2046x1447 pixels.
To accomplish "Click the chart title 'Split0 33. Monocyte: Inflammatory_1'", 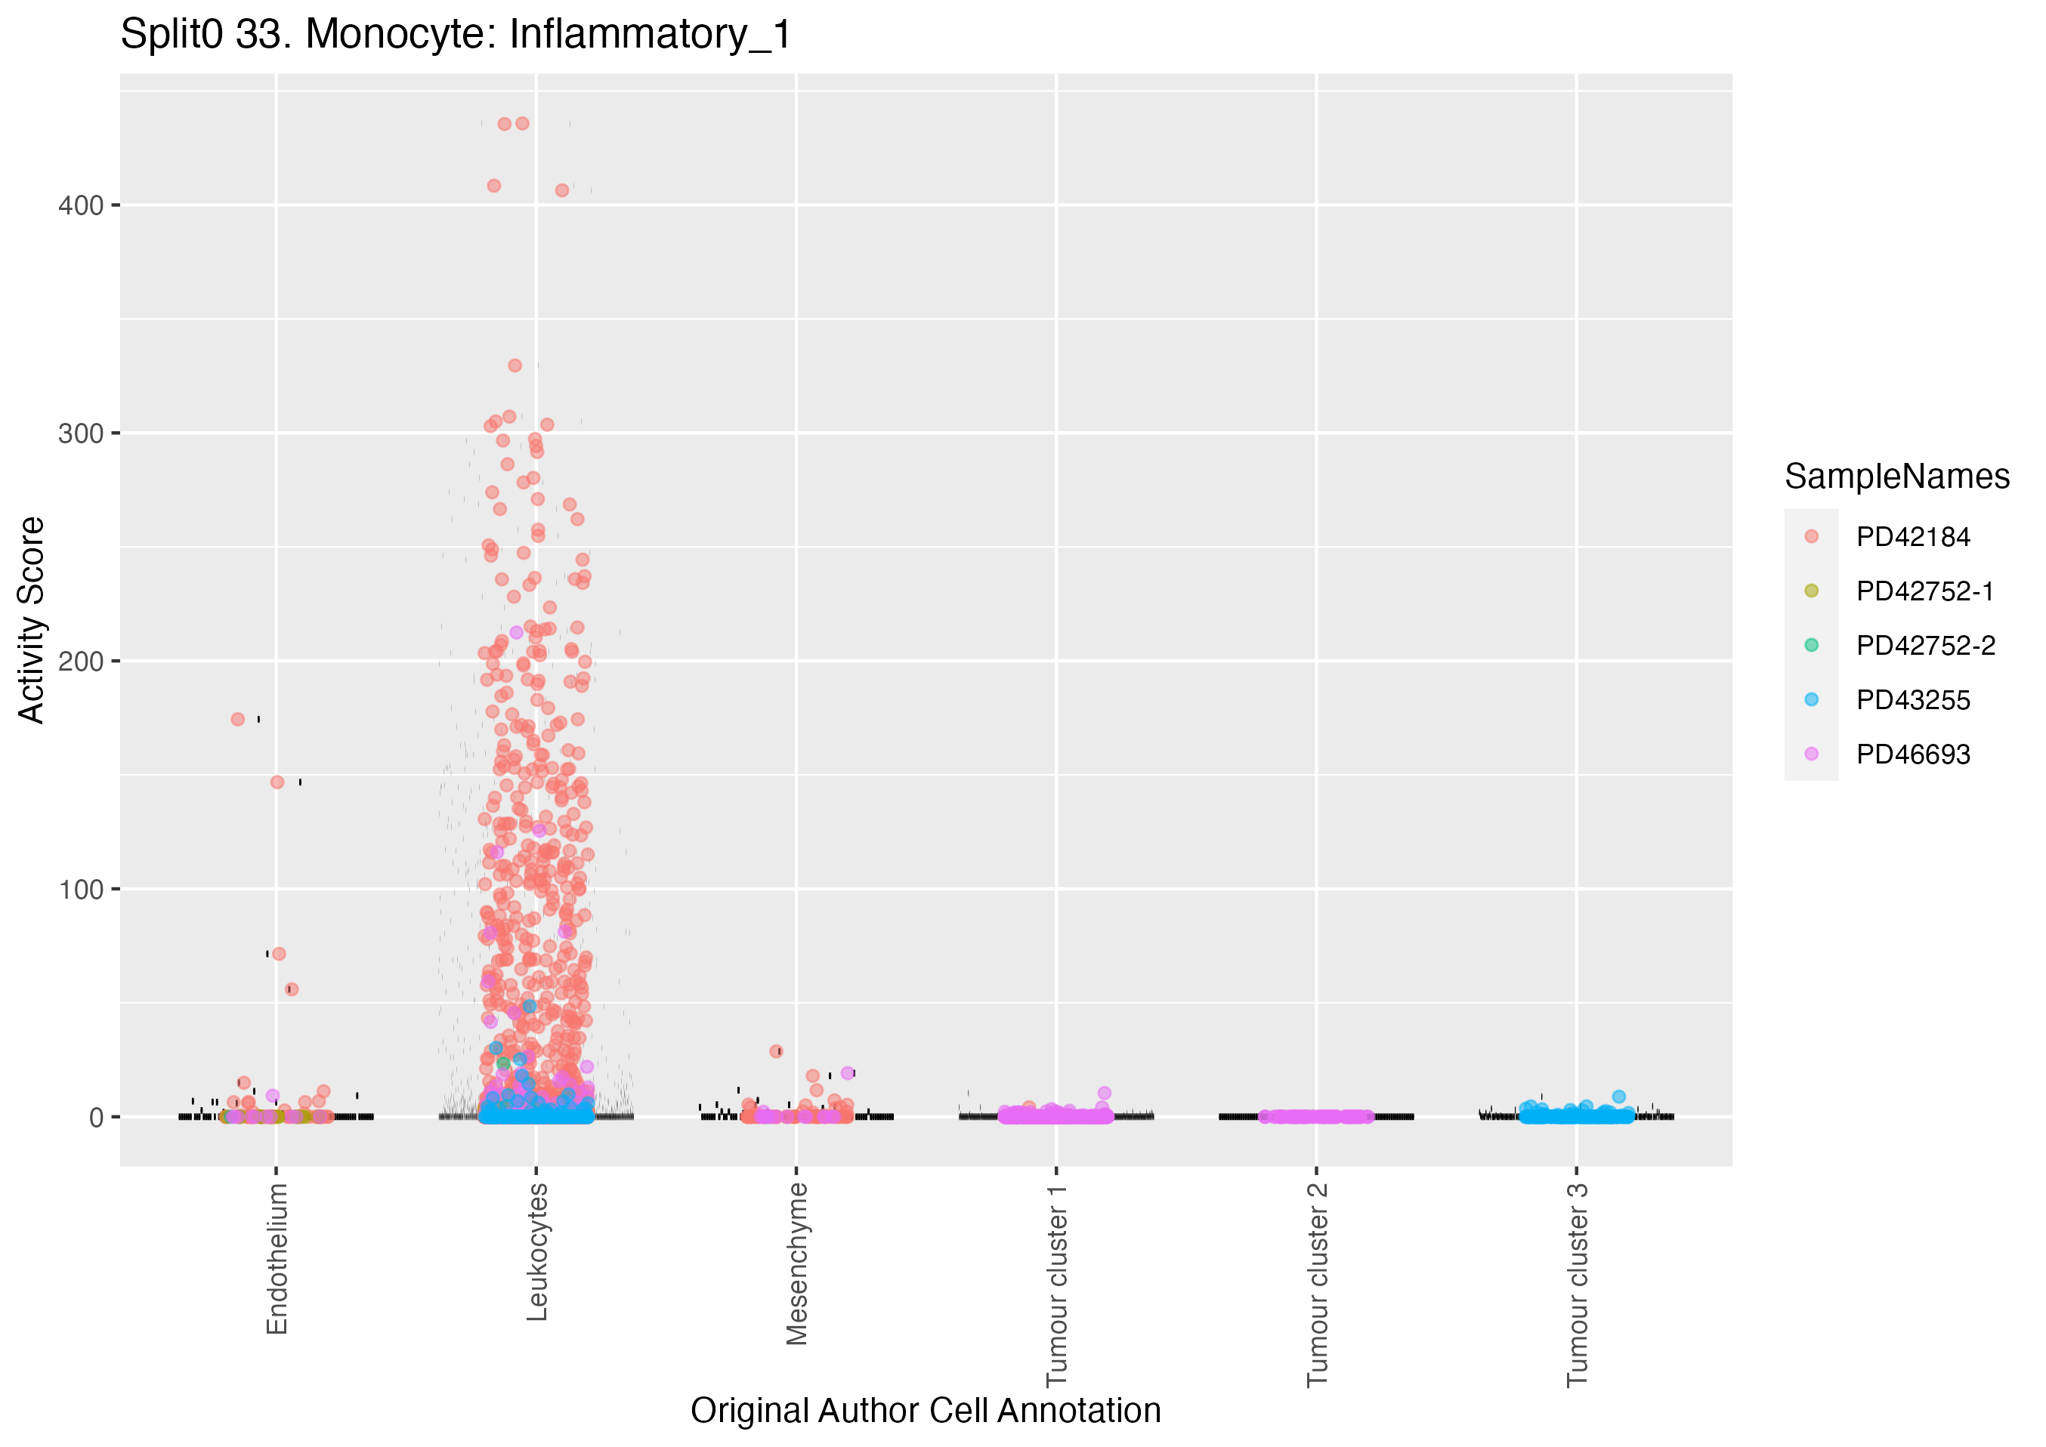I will (x=456, y=35).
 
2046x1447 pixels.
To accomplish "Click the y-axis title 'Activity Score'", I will (x=32, y=619).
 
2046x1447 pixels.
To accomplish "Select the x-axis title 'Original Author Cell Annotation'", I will (x=925, y=1411).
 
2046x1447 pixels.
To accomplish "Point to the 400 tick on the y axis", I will (x=80, y=206).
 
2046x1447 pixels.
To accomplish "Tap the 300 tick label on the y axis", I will (x=80, y=434).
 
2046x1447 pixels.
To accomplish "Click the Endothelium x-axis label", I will (x=277, y=1258).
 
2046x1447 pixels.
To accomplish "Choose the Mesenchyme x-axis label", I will (x=796, y=1263).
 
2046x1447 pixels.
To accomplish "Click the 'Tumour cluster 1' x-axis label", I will (x=1057, y=1284).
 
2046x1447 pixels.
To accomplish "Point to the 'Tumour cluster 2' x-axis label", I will (x=1317, y=1284).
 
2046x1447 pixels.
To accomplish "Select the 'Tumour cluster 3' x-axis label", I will (x=1578, y=1284).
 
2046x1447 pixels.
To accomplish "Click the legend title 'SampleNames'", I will (x=1896, y=477).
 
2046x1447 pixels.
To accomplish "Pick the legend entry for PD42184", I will (x=1912, y=537).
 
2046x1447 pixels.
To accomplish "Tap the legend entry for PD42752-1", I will (x=1924, y=591).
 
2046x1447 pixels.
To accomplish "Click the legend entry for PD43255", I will (x=1912, y=700).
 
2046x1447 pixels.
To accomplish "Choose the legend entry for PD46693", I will (x=1912, y=754).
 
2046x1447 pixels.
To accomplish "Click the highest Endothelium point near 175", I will (x=238, y=719).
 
